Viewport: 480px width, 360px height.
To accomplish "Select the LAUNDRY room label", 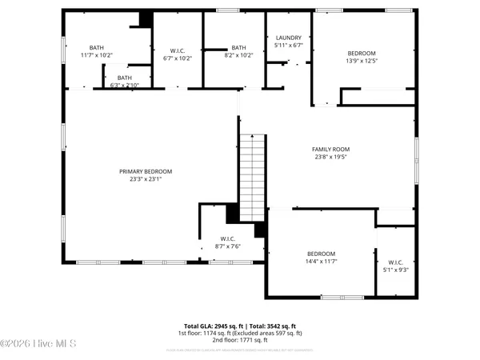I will pyautogui.click(x=288, y=38).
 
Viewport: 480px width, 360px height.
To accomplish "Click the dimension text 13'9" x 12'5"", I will pyautogui.click(x=362, y=61).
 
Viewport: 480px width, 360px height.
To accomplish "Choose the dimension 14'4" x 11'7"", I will pyautogui.click(x=321, y=262).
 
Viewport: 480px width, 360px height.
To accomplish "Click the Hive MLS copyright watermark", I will pyautogui.click(x=38, y=345).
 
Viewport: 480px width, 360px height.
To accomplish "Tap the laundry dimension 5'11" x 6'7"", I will pyautogui.click(x=288, y=46).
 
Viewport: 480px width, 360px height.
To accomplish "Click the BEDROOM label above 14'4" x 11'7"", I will pyautogui.click(x=321, y=253).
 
